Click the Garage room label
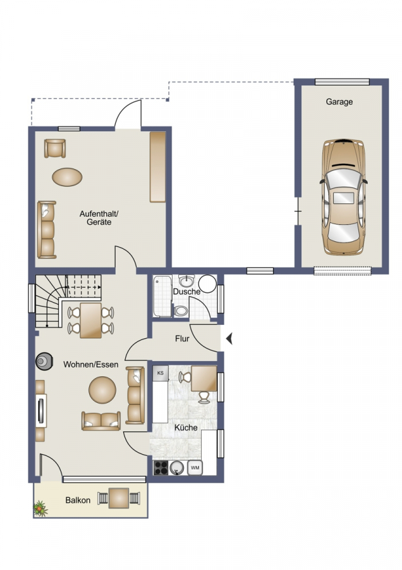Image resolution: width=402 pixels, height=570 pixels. pos(339,102)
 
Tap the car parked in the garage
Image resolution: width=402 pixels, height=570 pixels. pos(343,196)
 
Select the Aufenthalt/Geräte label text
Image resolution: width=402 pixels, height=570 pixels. pos(99,218)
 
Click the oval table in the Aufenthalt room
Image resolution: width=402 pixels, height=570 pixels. pos(67,177)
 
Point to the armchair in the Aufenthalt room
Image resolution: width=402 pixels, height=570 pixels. pos(55,148)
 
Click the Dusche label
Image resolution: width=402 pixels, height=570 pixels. pos(186,291)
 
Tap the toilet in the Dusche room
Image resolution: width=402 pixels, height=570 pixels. pos(180,311)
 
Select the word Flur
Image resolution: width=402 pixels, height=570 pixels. pos(182,339)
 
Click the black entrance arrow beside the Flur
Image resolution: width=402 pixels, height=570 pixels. pos(229,339)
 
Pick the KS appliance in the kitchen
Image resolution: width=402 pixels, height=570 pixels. pos(161,373)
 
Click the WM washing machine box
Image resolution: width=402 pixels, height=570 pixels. pos(195,468)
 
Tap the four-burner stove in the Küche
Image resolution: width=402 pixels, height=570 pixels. pos(161,468)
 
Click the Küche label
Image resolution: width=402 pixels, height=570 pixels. pos(186,427)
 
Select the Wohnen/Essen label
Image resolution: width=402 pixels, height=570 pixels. pos(91,364)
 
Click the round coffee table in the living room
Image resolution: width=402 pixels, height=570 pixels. pos(102,390)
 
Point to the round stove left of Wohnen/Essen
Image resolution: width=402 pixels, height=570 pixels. pos(44,361)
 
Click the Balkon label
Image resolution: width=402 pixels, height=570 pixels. pos(78,500)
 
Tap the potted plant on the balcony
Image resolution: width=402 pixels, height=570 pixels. pos(40,509)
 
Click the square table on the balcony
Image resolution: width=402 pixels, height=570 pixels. pos(119,498)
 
